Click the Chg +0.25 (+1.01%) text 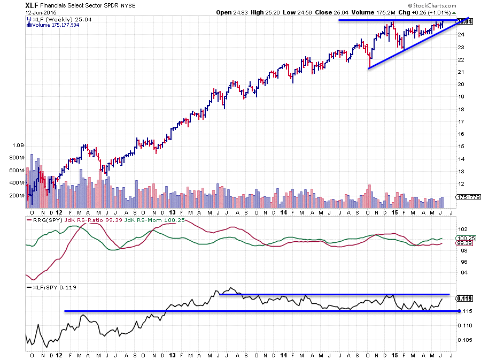pos(422,12)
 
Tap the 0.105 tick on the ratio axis pos(463,340)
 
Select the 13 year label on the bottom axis pos(172,354)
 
